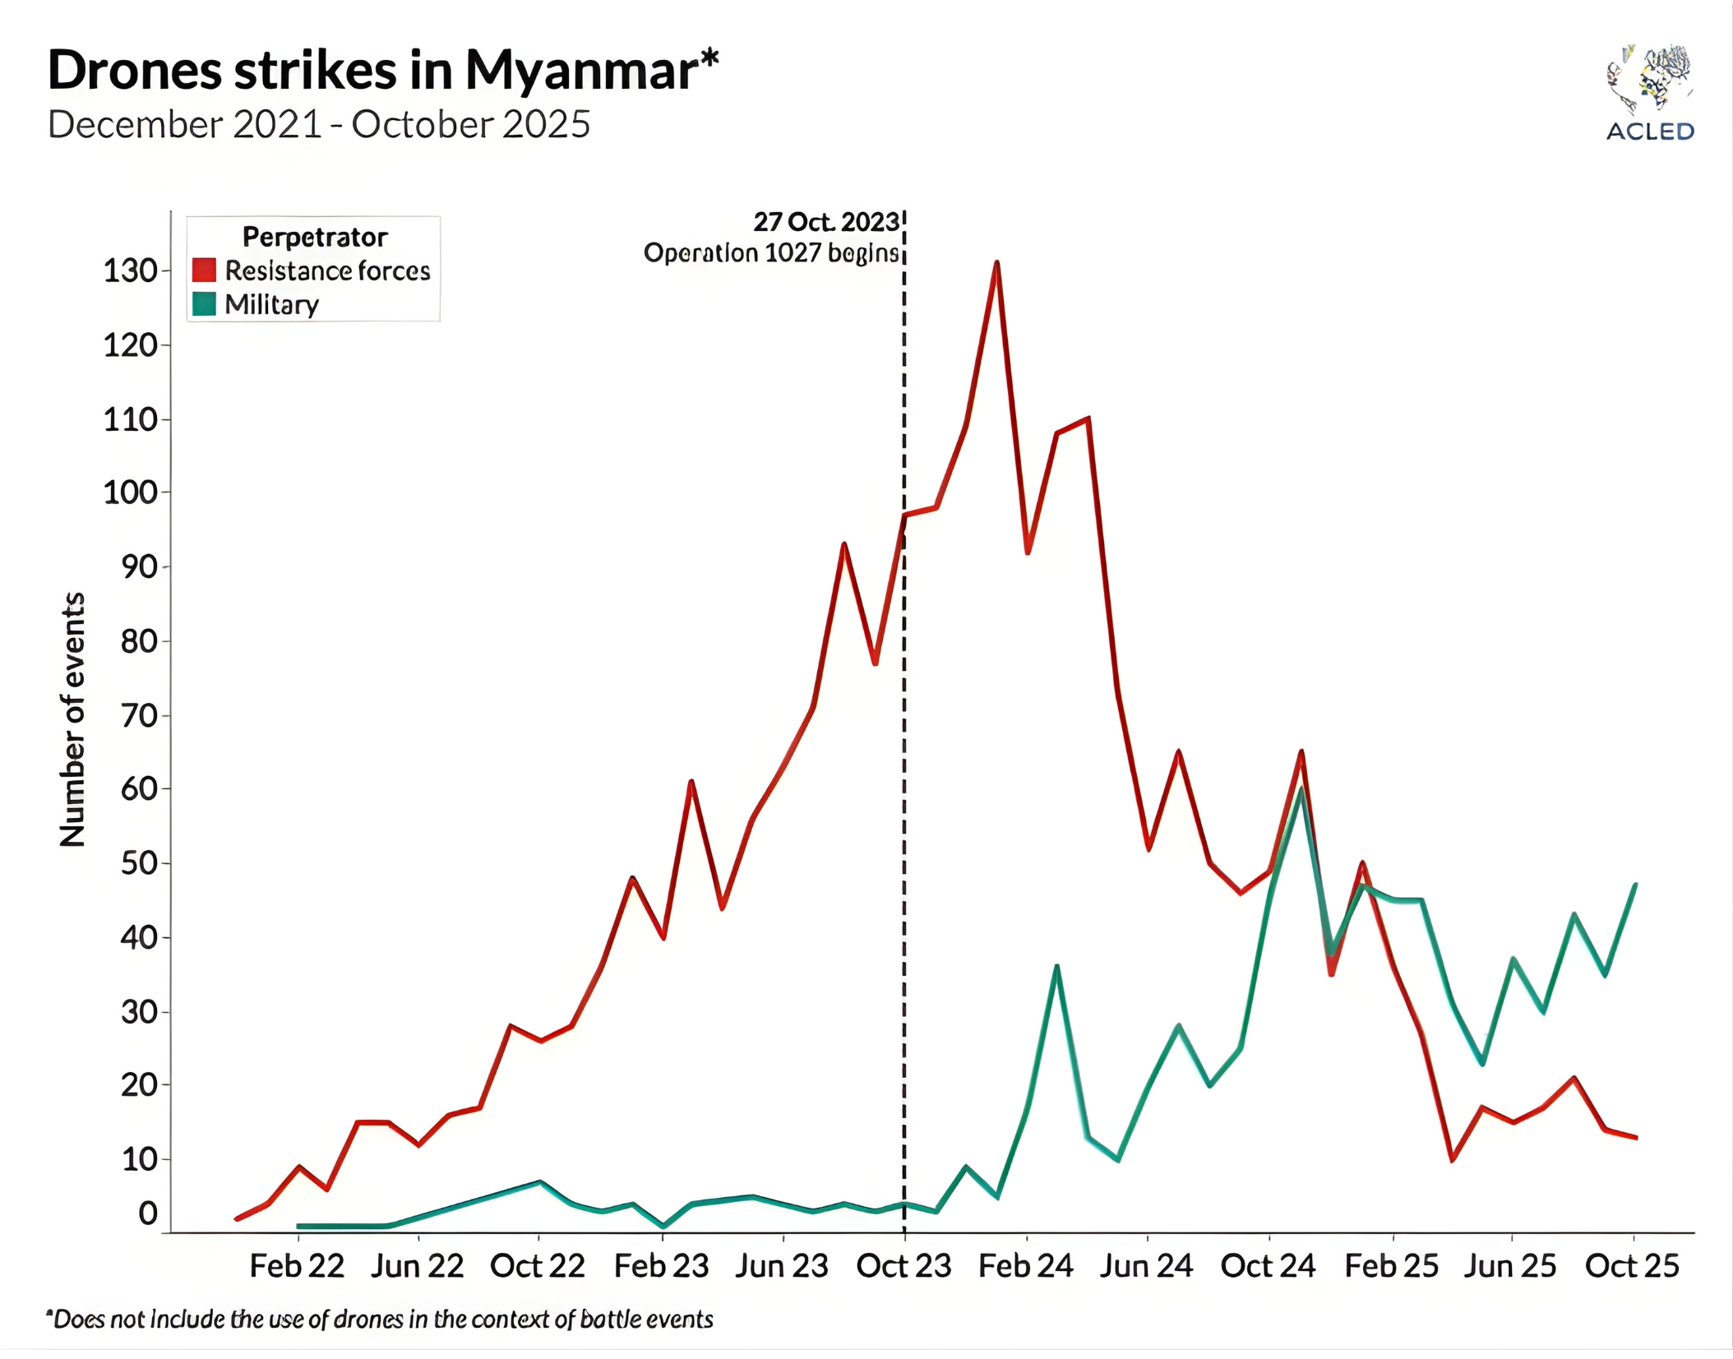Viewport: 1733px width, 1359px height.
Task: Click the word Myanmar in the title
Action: (581, 71)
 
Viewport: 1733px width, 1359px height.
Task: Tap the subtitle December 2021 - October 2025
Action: (319, 125)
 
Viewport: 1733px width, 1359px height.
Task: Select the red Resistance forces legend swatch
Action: (204, 270)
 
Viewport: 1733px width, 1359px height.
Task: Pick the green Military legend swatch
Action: (204, 304)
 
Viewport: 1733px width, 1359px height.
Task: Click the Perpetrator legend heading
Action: (315, 237)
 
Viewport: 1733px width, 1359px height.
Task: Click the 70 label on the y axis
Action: (139, 715)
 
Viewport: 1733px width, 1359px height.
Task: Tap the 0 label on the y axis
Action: (148, 1213)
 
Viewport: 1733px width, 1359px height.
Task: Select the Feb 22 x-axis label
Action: (297, 1266)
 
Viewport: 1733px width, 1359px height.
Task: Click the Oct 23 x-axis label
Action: (903, 1266)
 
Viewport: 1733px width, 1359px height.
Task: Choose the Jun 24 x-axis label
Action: (1146, 1266)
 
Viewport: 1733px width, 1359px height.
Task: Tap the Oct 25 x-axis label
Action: (1632, 1266)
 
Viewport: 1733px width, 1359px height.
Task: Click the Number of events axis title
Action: (72, 719)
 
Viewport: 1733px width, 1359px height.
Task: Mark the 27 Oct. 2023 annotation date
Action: (826, 222)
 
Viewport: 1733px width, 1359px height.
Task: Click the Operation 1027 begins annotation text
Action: (771, 253)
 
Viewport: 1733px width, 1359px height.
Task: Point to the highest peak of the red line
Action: (996, 263)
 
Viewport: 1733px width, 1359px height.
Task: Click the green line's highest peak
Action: (1301, 789)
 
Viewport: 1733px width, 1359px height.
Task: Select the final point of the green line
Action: (1635, 885)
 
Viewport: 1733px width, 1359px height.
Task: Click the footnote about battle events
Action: (379, 1320)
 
